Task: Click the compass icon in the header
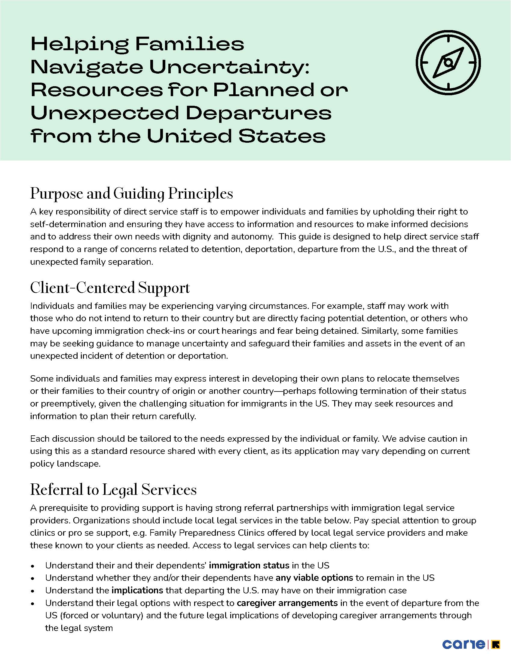click(x=448, y=63)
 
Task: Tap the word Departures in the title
click(x=259, y=113)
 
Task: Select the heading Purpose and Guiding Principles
click(x=131, y=194)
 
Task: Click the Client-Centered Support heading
click(x=110, y=288)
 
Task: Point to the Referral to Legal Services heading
click(x=113, y=490)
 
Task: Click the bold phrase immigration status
click(x=249, y=565)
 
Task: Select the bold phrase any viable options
click(x=314, y=578)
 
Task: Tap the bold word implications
click(x=137, y=590)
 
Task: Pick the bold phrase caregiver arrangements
click(x=287, y=603)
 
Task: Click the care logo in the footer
click(x=464, y=644)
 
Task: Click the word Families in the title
click(x=189, y=44)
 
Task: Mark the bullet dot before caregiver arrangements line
click(x=33, y=604)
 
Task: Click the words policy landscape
click(x=65, y=464)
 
